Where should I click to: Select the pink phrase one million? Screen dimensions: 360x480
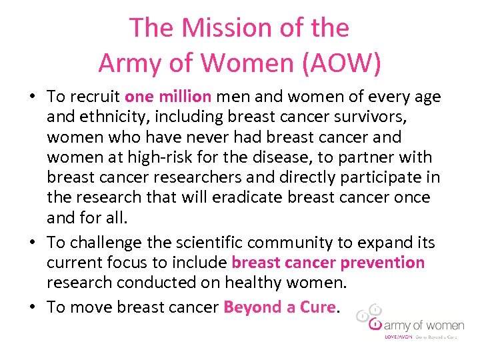tap(168, 97)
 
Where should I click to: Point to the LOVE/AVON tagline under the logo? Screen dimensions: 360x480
tap(399, 337)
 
